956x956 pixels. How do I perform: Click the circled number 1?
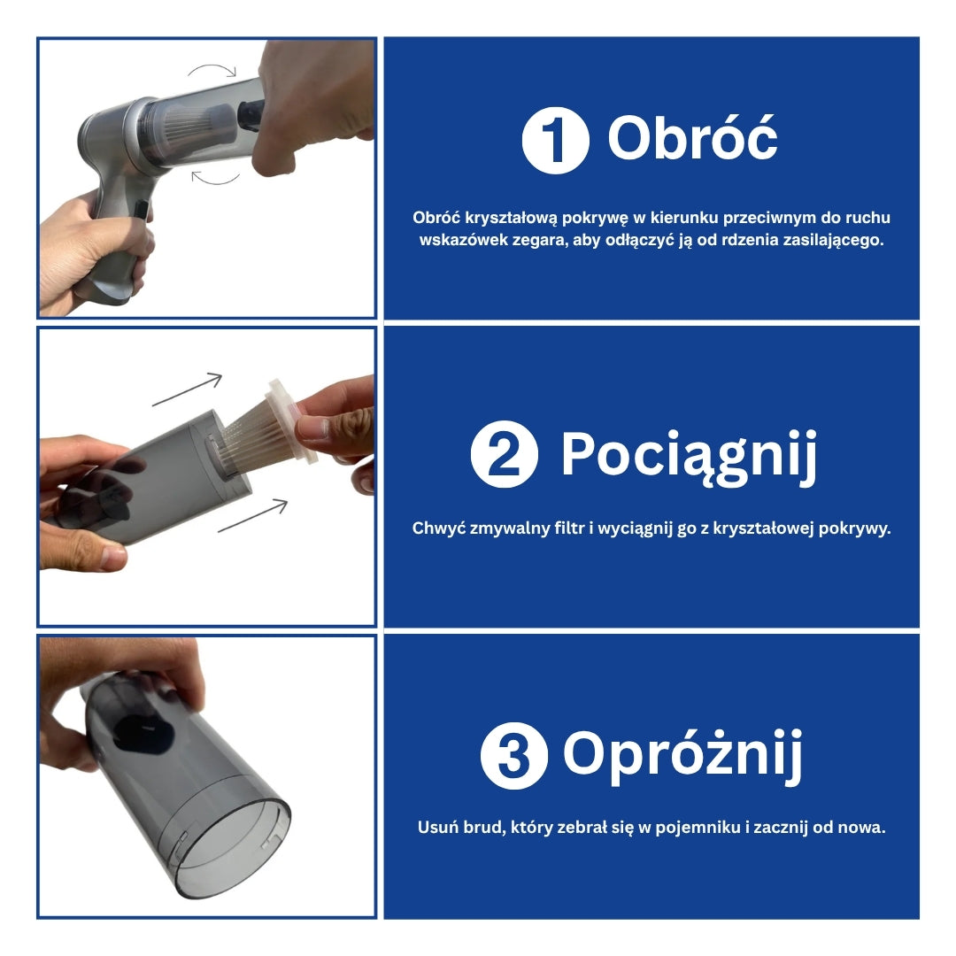(x=555, y=140)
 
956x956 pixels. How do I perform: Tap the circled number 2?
(x=505, y=453)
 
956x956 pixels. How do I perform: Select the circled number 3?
(x=514, y=755)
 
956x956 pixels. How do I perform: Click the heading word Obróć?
(x=692, y=138)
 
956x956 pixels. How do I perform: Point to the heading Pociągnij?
(x=689, y=456)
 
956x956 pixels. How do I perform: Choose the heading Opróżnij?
(x=682, y=756)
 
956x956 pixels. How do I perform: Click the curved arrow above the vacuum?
(x=212, y=69)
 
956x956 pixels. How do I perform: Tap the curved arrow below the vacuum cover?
(x=215, y=179)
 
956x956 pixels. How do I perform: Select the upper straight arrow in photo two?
(x=187, y=389)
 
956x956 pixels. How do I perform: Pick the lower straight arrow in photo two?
(x=252, y=515)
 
